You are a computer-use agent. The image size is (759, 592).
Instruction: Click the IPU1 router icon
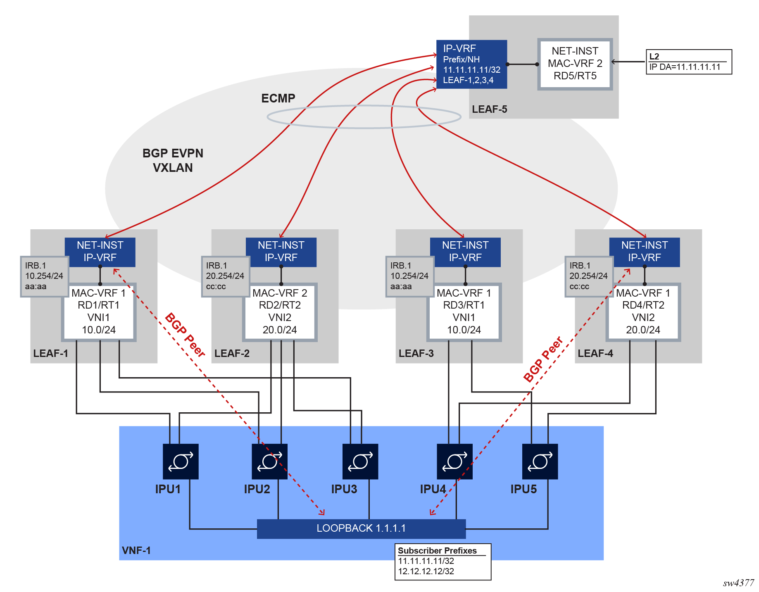(x=181, y=461)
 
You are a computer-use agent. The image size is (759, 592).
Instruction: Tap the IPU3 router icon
(x=360, y=461)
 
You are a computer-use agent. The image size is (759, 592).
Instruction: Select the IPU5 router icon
(x=540, y=461)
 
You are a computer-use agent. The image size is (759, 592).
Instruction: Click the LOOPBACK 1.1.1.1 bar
(x=361, y=528)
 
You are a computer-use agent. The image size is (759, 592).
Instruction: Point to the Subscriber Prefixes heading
(x=437, y=551)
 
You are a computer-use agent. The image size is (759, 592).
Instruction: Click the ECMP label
(x=278, y=98)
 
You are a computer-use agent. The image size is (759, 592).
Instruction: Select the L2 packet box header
(x=654, y=56)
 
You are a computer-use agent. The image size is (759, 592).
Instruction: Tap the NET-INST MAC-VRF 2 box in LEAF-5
(x=575, y=64)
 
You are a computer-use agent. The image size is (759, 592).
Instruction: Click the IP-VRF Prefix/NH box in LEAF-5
(x=471, y=64)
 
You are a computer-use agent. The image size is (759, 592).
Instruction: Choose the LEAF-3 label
(x=416, y=354)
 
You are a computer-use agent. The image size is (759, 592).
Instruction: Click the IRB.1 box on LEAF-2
(x=225, y=276)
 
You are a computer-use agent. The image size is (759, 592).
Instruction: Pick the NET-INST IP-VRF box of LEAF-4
(x=644, y=252)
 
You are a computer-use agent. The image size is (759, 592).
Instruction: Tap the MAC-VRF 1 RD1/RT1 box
(x=99, y=311)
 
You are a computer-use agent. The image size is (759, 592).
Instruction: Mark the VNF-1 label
(x=136, y=551)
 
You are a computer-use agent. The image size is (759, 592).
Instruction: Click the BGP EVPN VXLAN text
(x=173, y=160)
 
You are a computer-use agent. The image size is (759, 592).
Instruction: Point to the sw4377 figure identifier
(x=738, y=583)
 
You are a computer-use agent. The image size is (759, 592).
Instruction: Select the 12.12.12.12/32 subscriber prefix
(x=426, y=571)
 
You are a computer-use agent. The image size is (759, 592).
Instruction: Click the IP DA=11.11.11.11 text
(x=685, y=67)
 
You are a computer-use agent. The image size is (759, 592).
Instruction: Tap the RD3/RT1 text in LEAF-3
(x=464, y=305)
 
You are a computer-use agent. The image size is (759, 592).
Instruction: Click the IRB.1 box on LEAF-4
(x=588, y=276)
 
